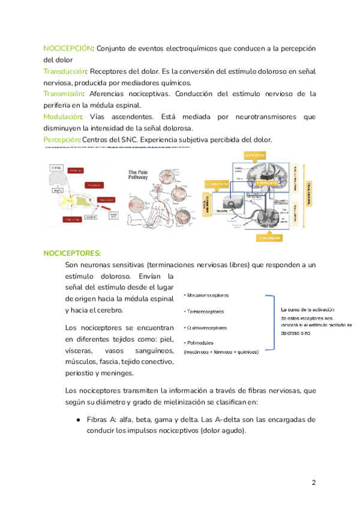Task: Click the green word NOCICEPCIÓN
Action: (68, 47)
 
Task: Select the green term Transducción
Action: (65, 71)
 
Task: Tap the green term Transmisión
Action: (64, 94)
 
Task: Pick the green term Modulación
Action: (63, 116)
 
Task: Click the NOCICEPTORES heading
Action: (72, 253)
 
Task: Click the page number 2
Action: (313, 483)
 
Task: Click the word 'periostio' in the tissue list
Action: (82, 373)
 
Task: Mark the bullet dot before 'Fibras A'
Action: (79, 419)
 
